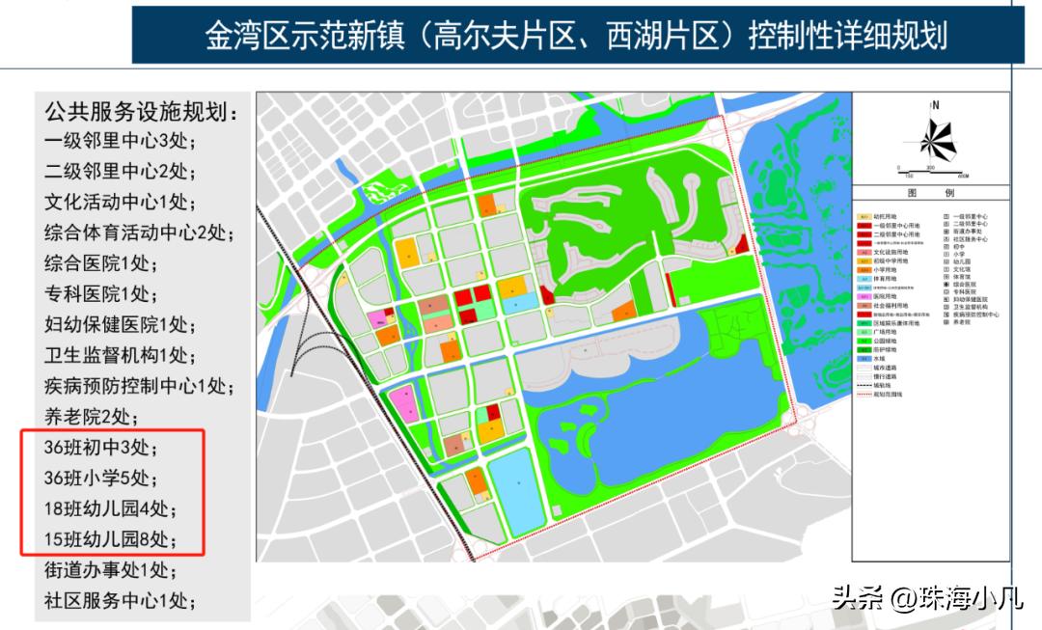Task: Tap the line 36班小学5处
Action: [x=100, y=478]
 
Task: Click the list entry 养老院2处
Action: [x=92, y=417]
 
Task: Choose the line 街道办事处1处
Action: [x=110, y=569]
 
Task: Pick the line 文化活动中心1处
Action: [x=119, y=202]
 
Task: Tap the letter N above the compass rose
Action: [x=933, y=103]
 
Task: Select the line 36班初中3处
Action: [x=100, y=448]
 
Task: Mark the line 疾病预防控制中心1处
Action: [x=138, y=386]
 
